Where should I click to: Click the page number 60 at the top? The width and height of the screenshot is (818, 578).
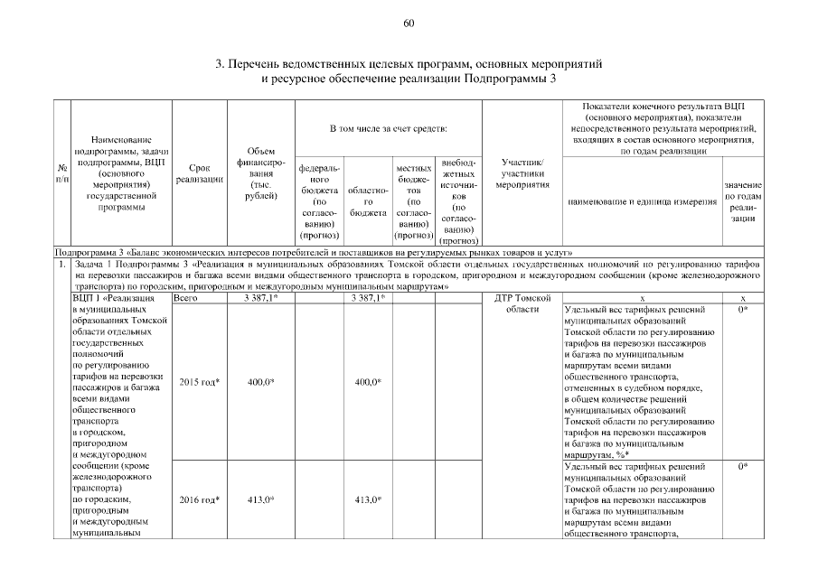409,23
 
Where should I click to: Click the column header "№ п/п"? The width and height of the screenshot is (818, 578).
61,174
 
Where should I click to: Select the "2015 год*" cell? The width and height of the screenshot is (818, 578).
200,382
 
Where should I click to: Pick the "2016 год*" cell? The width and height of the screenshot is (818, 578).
200,499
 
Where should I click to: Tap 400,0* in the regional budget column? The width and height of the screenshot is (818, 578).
367,382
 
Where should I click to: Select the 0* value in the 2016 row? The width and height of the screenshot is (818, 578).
743,467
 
